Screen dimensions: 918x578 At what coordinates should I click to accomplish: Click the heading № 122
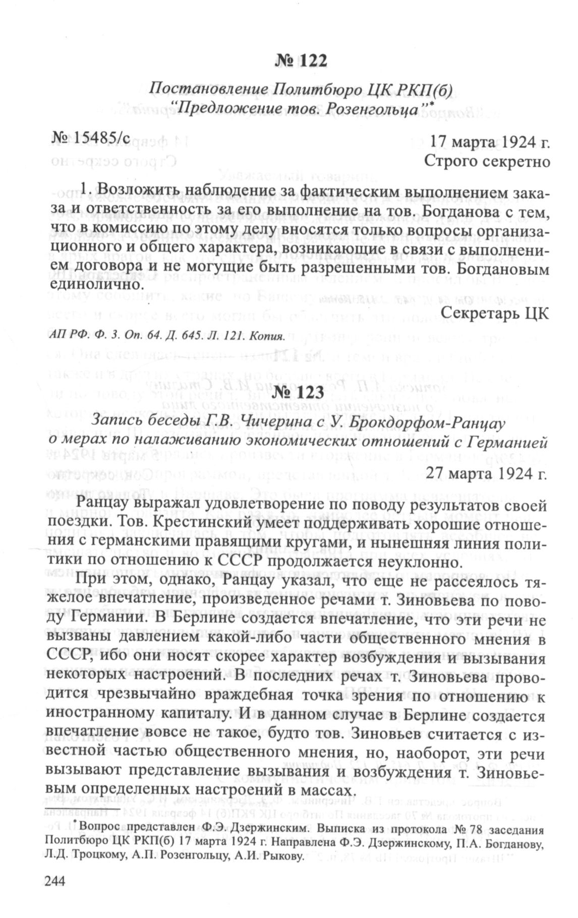(301, 60)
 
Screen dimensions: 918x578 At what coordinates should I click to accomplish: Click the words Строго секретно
(486, 161)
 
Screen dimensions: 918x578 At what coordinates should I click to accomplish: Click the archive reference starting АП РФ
(168, 335)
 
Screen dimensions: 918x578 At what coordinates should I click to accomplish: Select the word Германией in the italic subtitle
(506, 443)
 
